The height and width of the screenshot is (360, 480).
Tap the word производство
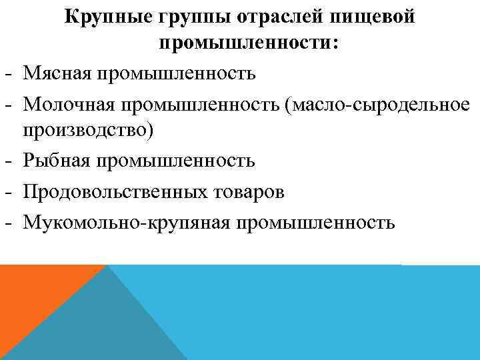88,129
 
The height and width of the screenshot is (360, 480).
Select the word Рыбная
57,161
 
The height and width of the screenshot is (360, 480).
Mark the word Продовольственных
114,191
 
